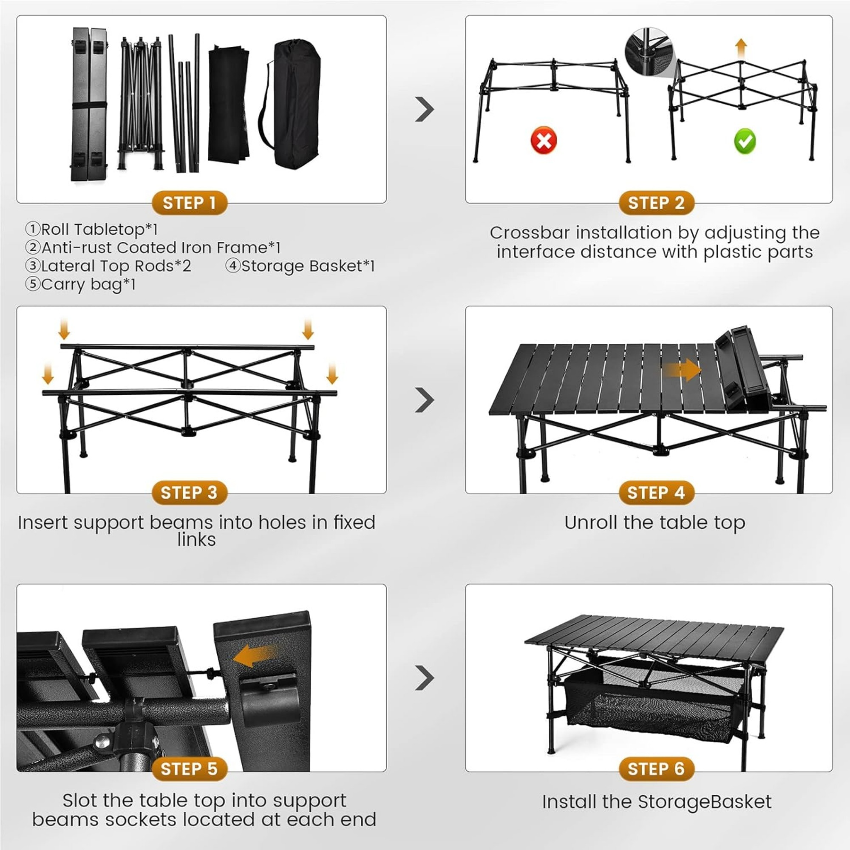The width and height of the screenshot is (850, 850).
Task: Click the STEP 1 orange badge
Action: pos(189,203)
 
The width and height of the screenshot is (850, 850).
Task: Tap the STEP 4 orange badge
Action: pos(655,493)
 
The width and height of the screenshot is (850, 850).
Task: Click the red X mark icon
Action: pos(544,141)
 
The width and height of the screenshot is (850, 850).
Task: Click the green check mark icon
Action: pos(745,141)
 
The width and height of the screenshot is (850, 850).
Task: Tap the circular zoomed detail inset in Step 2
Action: pos(649,50)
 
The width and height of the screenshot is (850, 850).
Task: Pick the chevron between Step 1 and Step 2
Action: pos(425,109)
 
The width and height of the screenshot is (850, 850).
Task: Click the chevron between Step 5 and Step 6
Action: pos(425,678)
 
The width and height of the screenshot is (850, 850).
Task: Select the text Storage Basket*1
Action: pos(300,266)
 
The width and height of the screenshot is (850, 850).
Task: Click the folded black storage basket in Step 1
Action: pos(228,103)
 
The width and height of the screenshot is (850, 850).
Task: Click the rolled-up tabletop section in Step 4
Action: pos(743,367)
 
